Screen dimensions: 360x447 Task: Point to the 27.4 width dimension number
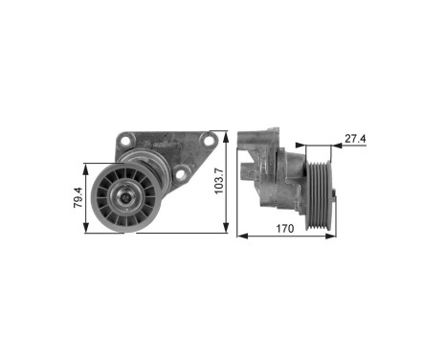[355, 140]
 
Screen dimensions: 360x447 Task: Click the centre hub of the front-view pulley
[124, 198]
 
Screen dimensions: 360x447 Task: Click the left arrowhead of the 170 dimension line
[239, 234]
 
